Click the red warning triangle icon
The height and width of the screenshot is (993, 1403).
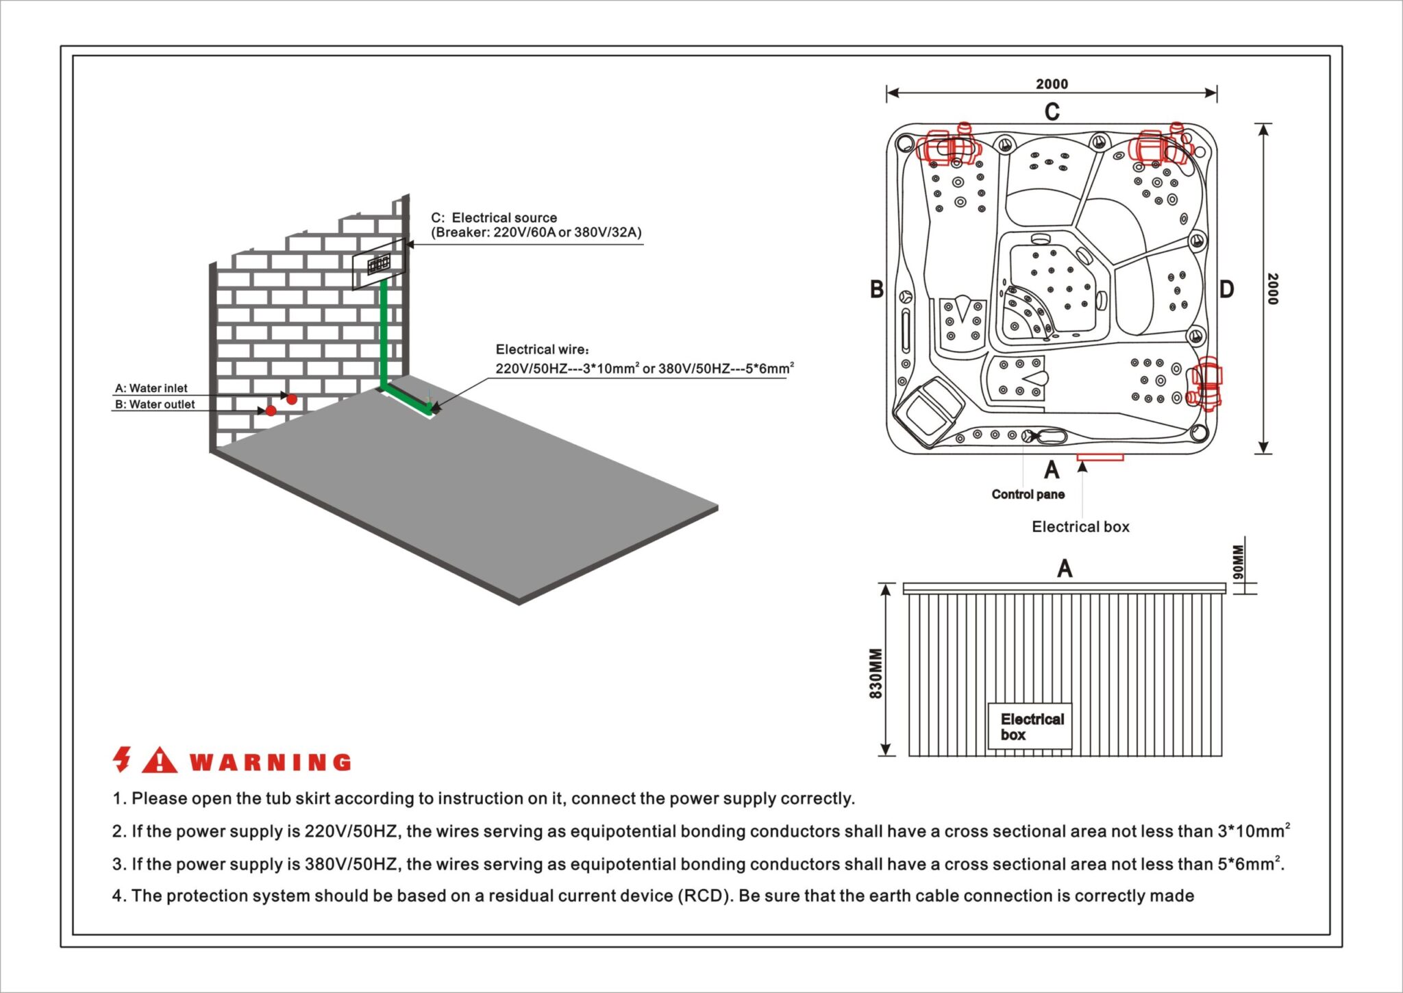[159, 760]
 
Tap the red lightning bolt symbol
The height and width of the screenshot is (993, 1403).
[123, 759]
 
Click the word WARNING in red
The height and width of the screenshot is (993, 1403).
[270, 762]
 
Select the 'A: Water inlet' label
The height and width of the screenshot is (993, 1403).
[151, 388]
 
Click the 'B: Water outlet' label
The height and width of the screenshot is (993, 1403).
[155, 404]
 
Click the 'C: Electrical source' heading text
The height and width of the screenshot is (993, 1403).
[494, 217]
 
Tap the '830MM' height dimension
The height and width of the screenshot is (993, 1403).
[876, 673]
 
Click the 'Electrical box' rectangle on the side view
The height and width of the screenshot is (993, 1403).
[1030, 726]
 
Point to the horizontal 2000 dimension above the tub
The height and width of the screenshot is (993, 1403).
[1052, 84]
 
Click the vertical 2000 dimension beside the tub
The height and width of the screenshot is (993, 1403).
[1273, 289]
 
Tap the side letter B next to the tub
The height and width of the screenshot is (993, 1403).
[876, 289]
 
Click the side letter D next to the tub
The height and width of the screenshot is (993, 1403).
[1226, 289]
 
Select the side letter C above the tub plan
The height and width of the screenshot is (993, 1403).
[1052, 112]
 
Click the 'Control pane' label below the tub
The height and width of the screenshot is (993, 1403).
[1028, 494]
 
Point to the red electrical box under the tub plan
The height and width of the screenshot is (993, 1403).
[1100, 457]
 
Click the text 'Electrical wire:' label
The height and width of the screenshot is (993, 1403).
[542, 350]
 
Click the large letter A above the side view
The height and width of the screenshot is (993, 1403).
[1065, 568]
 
